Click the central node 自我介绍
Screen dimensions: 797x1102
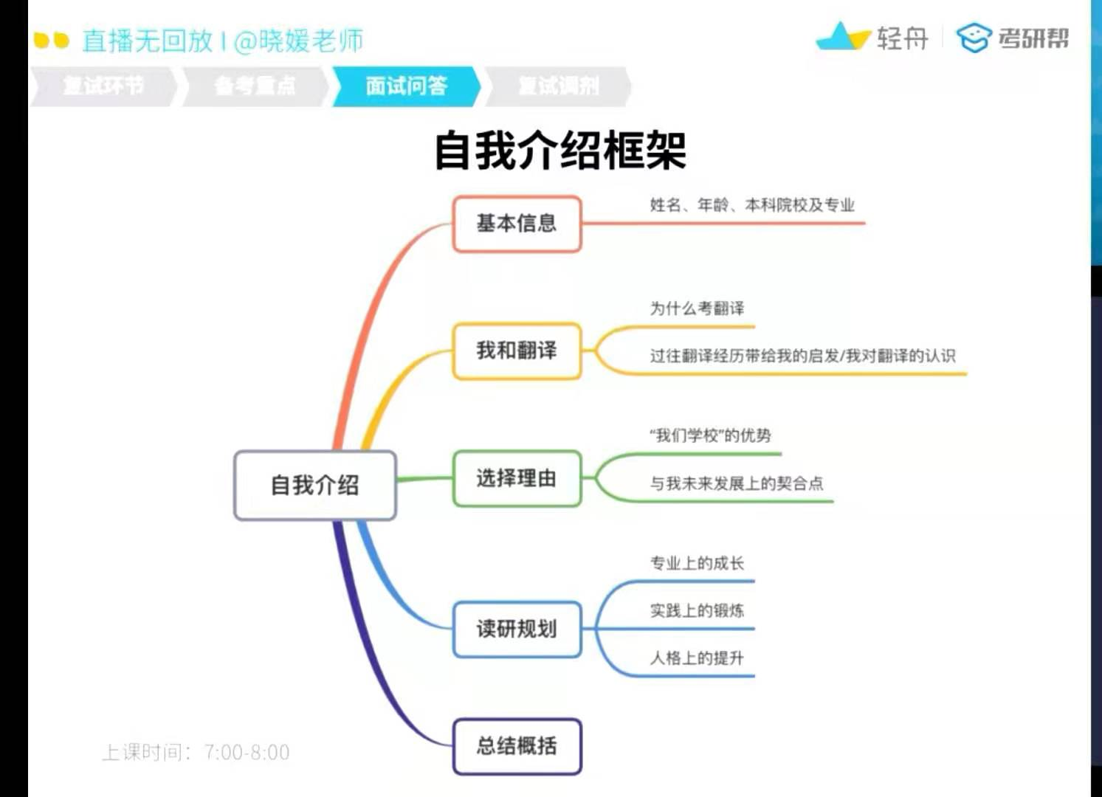pos(315,486)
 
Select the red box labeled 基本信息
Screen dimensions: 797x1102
pos(517,224)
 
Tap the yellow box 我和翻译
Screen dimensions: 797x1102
pos(517,351)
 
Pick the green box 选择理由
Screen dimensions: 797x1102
pos(517,479)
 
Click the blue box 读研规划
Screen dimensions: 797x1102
pos(517,629)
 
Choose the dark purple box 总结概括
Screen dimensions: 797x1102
pos(517,746)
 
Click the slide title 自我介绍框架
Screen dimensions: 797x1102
pos(560,151)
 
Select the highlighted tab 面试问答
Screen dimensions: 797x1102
pos(406,86)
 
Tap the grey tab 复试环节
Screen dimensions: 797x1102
pos(103,86)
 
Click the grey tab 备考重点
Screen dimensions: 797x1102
pos(255,86)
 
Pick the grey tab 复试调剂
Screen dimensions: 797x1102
pos(558,86)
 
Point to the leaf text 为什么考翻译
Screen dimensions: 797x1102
pos(697,308)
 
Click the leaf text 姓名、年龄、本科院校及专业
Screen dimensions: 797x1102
pos(751,205)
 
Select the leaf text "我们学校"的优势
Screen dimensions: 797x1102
pos(710,435)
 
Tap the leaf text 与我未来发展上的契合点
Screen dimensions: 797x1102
pos(736,483)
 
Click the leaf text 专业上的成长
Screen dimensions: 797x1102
pos(697,564)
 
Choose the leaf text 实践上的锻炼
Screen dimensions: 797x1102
pos(697,611)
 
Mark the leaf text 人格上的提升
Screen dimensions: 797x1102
pos(697,658)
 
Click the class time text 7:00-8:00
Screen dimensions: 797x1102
pos(247,753)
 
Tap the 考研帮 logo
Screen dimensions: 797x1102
pos(1013,38)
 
